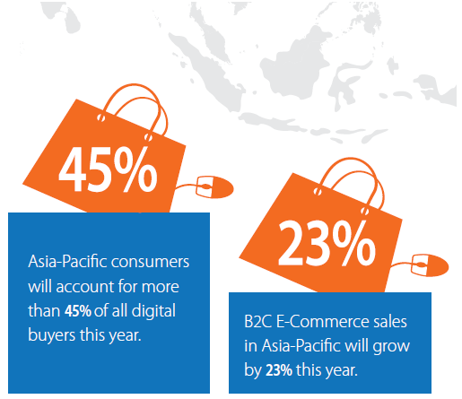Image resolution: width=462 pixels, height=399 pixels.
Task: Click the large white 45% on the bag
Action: pyautogui.click(x=108, y=169)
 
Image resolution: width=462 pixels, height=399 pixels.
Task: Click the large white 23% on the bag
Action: pyautogui.click(x=327, y=243)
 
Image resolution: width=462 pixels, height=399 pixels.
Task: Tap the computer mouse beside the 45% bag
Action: pyautogui.click(x=214, y=187)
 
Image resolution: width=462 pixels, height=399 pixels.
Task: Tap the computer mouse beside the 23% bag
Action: pyautogui.click(x=430, y=265)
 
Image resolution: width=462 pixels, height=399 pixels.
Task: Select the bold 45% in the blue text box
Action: pyautogui.click(x=78, y=311)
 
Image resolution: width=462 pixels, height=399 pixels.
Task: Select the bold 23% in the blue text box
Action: pyautogui.click(x=279, y=370)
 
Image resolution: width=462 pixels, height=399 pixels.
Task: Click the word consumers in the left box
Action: pyautogui.click(x=150, y=262)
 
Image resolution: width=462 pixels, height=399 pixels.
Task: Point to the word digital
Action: pyautogui.click(x=153, y=311)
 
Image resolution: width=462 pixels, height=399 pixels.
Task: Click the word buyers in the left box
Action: pyautogui.click(x=51, y=335)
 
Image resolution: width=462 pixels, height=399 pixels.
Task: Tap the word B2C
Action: pyautogui.click(x=257, y=322)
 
